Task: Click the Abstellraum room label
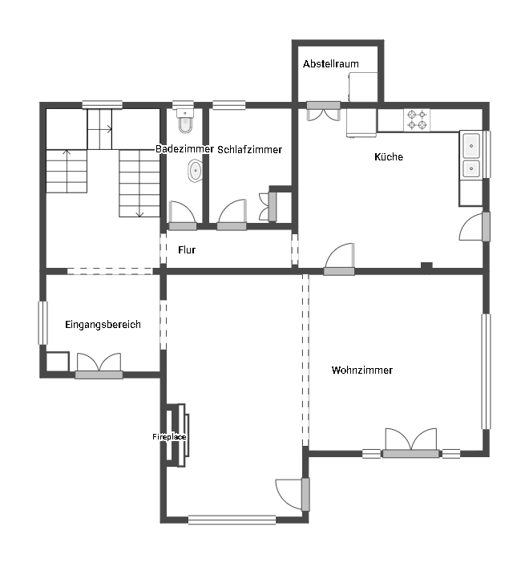pos(330,64)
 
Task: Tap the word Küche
pos(388,156)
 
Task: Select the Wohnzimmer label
pos(361,370)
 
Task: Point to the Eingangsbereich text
pos(103,325)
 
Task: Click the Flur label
pos(187,249)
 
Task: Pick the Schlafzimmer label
pos(249,150)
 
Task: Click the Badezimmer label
pos(184,149)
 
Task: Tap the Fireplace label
pos(169,436)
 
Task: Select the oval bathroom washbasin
pos(195,171)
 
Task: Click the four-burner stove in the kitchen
pos(417,120)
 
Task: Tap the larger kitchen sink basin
pos(471,146)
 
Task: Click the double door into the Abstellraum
pos(323,111)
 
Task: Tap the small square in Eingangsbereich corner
pos(58,362)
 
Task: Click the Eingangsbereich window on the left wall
pos(42,322)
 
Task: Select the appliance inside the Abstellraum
pos(363,87)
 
